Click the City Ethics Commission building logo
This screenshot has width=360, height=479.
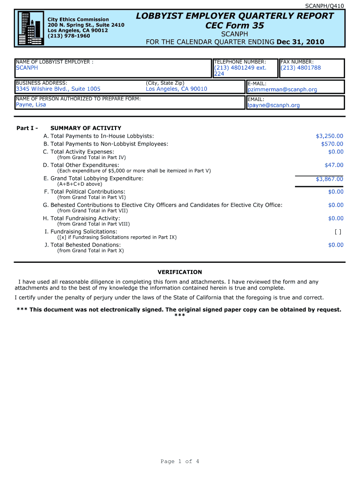(30, 28)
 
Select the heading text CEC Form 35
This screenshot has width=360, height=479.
(235, 26)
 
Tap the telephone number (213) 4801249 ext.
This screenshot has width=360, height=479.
(240, 68)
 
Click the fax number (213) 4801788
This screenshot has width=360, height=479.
(301, 68)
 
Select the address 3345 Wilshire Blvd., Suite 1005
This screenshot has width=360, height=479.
(58, 89)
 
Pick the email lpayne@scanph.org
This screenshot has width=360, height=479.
(274, 105)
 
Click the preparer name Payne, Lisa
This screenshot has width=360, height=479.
(31, 105)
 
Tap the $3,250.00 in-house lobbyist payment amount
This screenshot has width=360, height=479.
(329, 136)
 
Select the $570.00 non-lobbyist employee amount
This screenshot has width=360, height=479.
(332, 144)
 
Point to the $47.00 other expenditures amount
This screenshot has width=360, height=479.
(334, 165)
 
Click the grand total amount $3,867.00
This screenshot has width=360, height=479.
(329, 179)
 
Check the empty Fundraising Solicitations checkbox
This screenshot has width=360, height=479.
(338, 232)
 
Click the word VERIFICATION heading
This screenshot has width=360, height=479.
(180, 272)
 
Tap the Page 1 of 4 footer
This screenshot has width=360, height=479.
(180, 462)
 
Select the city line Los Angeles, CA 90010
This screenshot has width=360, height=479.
(176, 89)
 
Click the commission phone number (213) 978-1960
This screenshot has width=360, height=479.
(69, 36)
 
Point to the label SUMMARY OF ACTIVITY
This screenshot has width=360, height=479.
(86, 128)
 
